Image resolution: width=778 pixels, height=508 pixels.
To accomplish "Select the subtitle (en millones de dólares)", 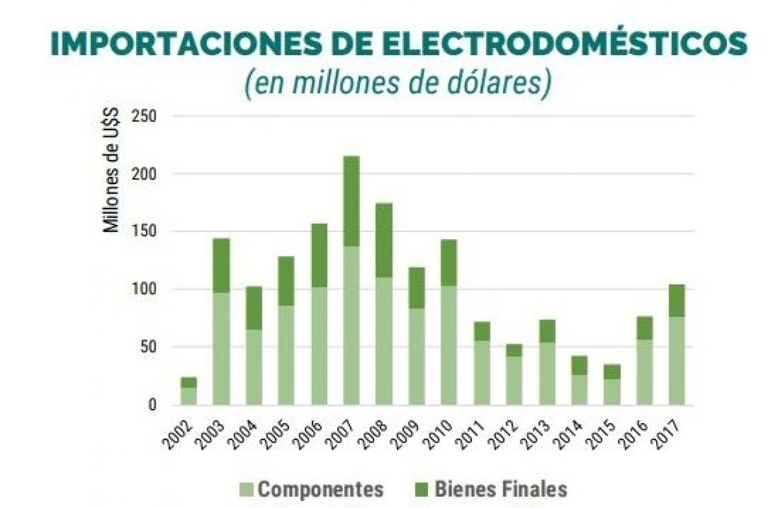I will pos(398,84).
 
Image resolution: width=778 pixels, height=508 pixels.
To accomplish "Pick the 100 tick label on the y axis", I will pos(144,289).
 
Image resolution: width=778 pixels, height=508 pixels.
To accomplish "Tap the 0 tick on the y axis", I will pos(152,405).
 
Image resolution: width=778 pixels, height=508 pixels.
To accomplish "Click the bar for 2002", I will pos(189,393).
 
